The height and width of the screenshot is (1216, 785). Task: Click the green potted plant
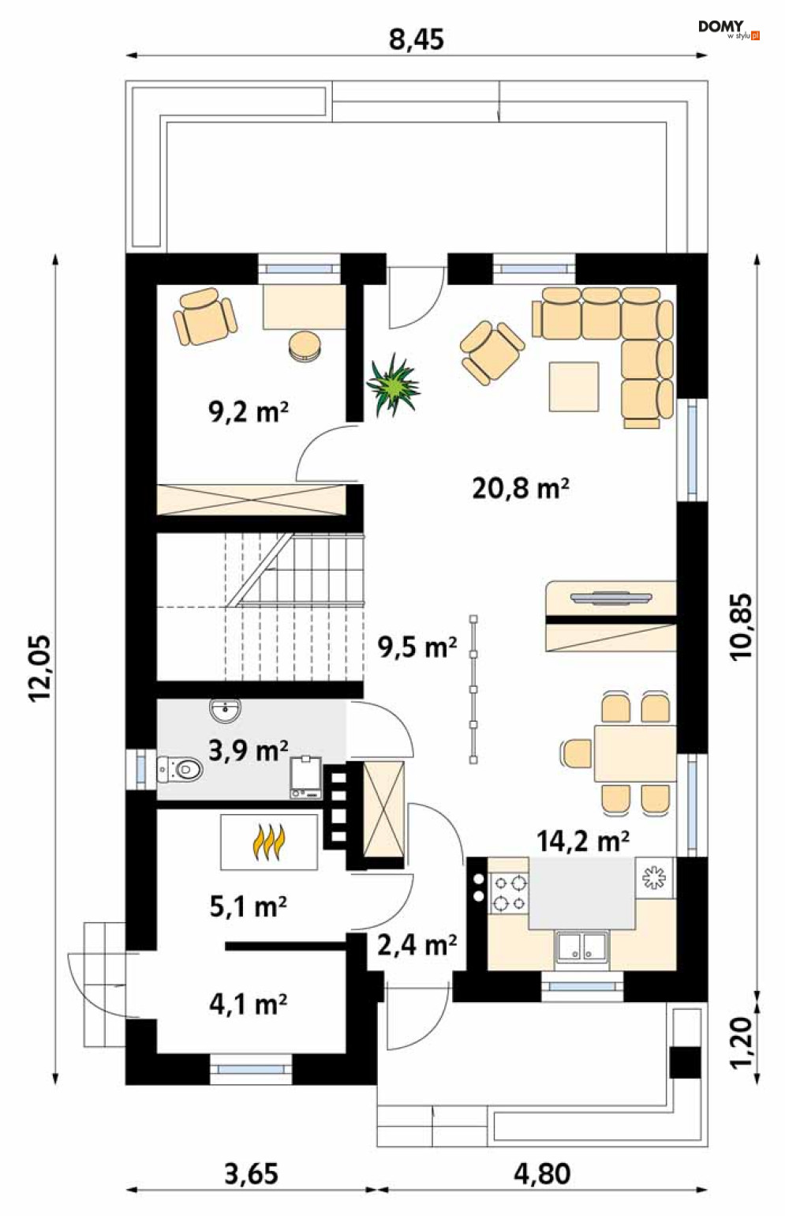tap(394, 385)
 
